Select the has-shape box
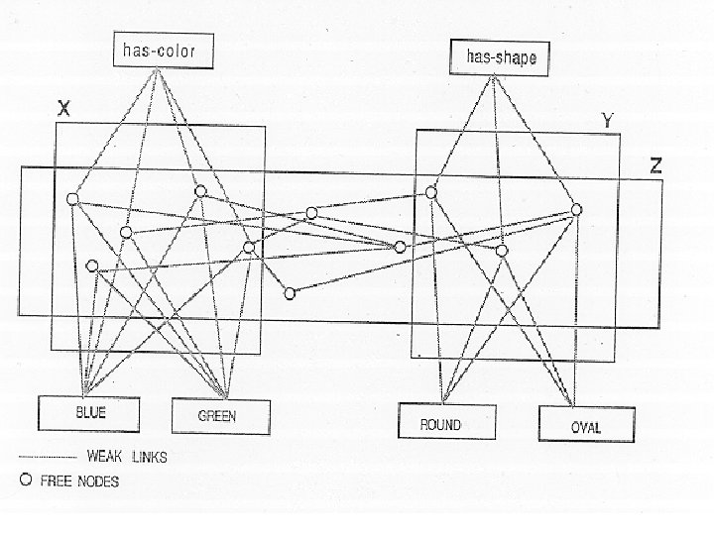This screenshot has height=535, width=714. [500, 57]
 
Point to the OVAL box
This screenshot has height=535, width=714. [585, 427]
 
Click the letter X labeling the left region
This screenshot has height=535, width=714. [62, 111]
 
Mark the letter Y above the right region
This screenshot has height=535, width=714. [608, 121]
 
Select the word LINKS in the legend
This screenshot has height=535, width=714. [149, 457]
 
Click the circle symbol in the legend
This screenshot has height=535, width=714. [26, 481]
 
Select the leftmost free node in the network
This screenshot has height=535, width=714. [71, 200]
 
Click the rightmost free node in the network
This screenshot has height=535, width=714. [576, 209]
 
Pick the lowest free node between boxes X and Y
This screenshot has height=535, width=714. [290, 292]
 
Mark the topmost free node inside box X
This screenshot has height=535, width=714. [200, 191]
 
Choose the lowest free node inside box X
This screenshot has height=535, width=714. [92, 266]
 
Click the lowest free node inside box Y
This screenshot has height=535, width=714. [502, 251]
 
